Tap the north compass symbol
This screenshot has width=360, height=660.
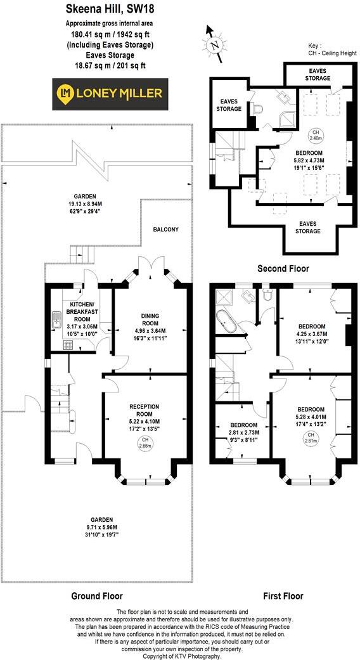click(x=214, y=44)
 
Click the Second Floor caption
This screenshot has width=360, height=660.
click(x=283, y=269)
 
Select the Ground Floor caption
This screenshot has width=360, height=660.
click(x=96, y=596)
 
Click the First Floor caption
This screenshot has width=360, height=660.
click(x=283, y=596)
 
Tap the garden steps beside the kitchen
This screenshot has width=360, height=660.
click(x=81, y=254)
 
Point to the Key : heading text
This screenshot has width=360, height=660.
click(x=315, y=46)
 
